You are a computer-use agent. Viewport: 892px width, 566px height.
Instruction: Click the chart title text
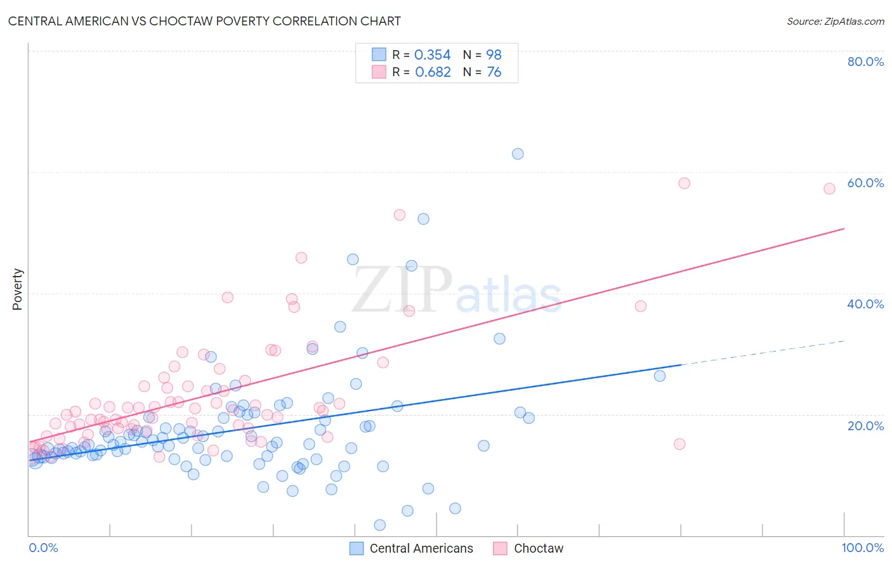click(x=204, y=21)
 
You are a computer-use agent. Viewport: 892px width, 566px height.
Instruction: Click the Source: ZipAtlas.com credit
click(x=835, y=21)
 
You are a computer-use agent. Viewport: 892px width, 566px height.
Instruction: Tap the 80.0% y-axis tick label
click(x=865, y=62)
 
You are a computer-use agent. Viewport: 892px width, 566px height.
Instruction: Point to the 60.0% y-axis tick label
click(x=865, y=183)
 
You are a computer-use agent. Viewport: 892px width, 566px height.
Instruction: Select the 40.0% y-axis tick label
click(x=865, y=304)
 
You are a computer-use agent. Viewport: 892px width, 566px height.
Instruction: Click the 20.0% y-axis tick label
click(x=865, y=426)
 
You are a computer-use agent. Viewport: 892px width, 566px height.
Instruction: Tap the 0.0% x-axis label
click(x=43, y=548)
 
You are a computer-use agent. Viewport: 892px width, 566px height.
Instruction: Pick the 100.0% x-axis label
click(x=862, y=548)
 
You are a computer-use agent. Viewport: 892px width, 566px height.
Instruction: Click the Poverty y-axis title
click(x=17, y=289)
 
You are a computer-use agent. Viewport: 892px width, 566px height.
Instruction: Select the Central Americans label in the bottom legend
click(x=421, y=548)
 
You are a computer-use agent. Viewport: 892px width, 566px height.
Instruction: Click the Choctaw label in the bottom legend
click(x=539, y=548)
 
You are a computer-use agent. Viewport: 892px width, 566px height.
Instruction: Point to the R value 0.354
click(x=432, y=55)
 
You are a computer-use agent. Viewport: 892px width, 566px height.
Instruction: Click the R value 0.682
click(x=433, y=72)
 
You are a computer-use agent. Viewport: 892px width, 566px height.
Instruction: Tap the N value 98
click(x=494, y=55)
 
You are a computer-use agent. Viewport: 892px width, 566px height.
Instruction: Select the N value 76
click(x=494, y=72)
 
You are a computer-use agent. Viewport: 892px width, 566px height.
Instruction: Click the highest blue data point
click(x=518, y=154)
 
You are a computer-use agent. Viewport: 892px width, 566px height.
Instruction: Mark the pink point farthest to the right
click(x=829, y=188)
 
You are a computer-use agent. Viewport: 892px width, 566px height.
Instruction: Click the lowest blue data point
click(x=380, y=525)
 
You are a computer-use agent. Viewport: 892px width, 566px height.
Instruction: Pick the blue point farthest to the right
click(x=660, y=376)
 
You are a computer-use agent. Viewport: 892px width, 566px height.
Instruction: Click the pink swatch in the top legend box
click(x=379, y=72)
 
